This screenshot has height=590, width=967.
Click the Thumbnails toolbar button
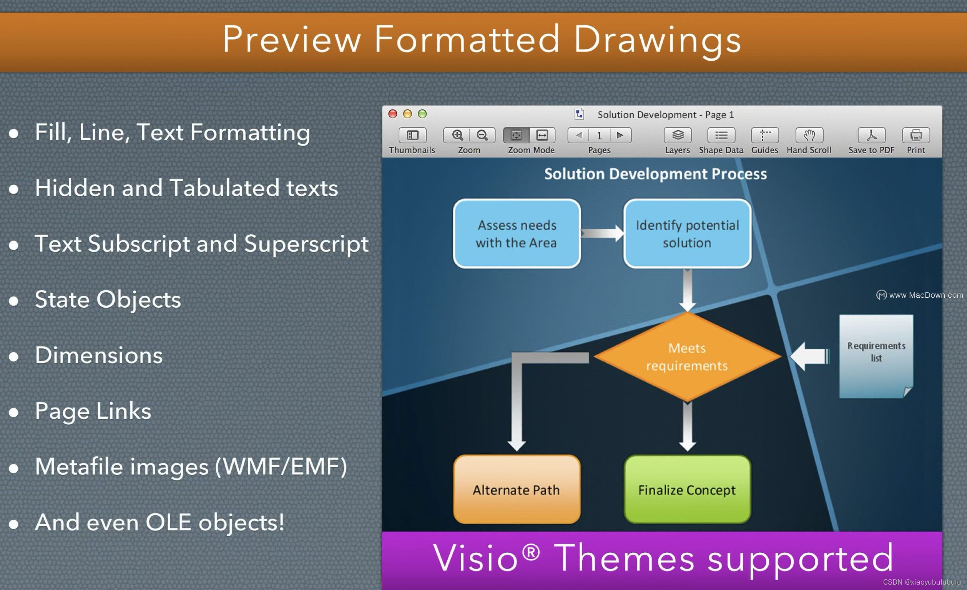pos(412,135)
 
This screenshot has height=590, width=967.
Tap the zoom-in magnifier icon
pos(457,135)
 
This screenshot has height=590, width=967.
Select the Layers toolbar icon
pos(678,135)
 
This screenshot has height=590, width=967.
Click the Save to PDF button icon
pos(871,135)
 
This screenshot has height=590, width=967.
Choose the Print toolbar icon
pos(916,135)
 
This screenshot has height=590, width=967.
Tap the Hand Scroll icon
pos(809,135)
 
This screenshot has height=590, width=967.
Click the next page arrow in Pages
pos(620,135)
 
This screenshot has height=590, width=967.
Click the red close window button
pos(392,114)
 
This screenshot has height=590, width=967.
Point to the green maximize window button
pos(422,114)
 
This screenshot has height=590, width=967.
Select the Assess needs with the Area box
pos(517,234)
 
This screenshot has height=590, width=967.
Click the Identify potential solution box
pos(687,234)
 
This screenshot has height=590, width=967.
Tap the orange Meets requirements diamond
pos(687,356)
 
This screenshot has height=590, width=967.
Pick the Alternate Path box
pos(517,490)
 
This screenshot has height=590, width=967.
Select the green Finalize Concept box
pos(687,490)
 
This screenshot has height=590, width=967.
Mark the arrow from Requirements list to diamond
pos(809,356)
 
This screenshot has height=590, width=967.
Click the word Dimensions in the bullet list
pos(98,355)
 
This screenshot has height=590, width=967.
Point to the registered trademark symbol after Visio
pos(531,552)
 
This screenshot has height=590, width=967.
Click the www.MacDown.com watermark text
pos(925,295)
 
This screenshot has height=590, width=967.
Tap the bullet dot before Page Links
pos(14,412)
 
